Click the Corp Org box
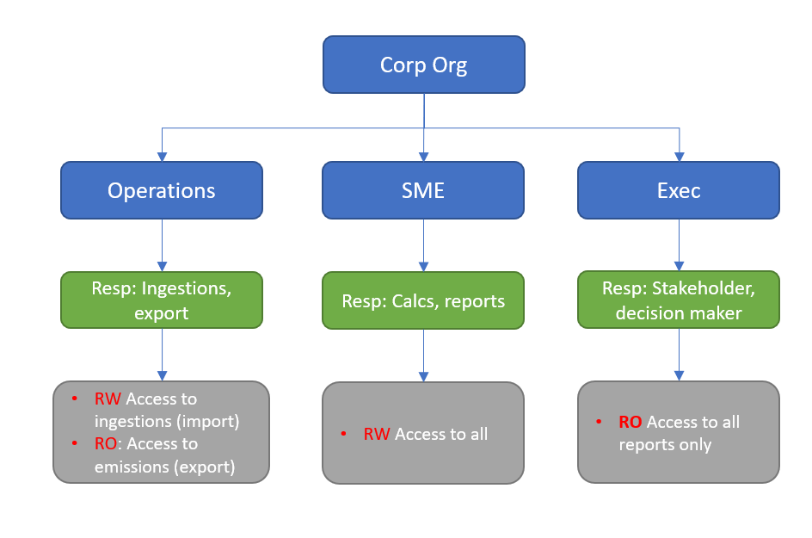423,65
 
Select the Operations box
162,190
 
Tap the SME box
423,190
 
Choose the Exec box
679,190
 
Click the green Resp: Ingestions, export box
162,300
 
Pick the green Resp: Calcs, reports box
423,300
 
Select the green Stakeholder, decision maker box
679,300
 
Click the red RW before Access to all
377,434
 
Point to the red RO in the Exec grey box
631,422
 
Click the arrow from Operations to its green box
162,245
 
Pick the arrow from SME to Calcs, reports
423,245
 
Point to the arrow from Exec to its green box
679,245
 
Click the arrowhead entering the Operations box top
162,156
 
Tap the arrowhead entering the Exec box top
679,156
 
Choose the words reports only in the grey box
665,445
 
